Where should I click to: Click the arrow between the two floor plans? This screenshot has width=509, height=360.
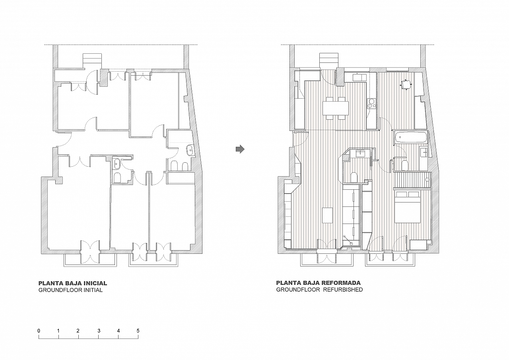point(240,149)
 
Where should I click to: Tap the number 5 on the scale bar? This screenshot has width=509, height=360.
point(138,331)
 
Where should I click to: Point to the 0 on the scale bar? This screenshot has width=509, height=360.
point(39,331)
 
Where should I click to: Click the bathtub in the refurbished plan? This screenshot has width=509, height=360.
point(410,137)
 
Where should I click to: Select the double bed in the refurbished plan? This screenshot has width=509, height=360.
point(407,207)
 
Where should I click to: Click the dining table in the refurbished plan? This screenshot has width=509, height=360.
point(336,108)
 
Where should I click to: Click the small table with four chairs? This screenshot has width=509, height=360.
point(406,85)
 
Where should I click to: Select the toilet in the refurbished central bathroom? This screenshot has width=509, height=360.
point(354,177)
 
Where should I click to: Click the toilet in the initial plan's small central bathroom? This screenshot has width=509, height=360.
point(117,178)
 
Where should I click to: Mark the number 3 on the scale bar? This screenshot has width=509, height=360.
point(99,331)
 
